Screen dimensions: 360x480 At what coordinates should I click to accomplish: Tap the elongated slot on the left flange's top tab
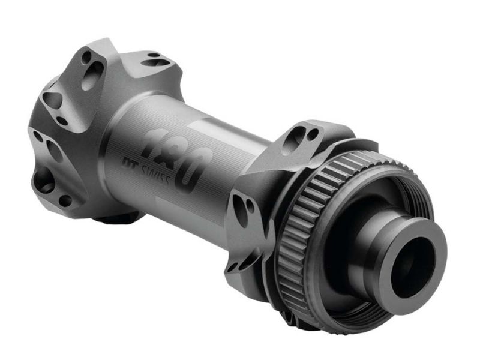point(93,76)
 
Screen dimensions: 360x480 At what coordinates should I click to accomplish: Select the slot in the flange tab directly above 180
point(155,60)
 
